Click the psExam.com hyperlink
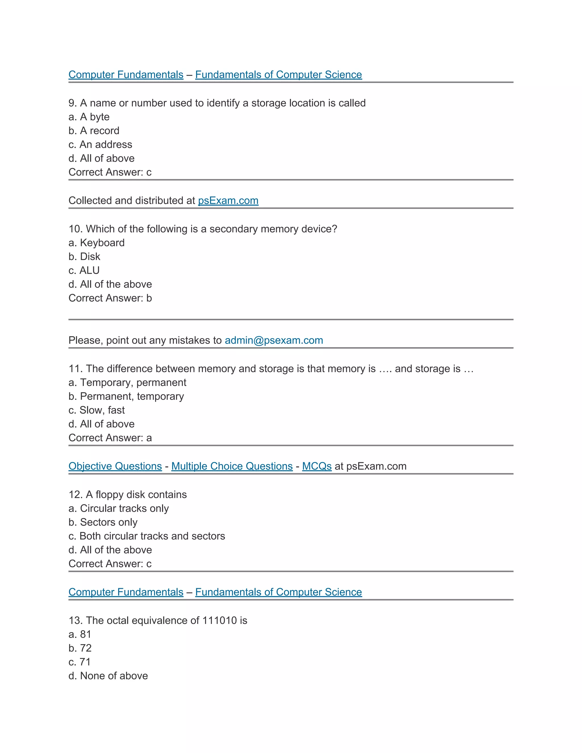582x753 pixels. coord(228,200)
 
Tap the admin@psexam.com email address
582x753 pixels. coord(274,340)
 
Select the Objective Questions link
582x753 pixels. coord(115,466)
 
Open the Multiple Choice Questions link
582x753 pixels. coord(232,466)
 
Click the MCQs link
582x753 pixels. coord(317,466)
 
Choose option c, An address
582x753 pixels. coord(100,144)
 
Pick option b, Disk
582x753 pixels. coord(84,257)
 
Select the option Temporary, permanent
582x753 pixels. coord(127,382)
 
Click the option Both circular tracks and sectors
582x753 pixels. coord(147,536)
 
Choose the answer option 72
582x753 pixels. coord(80,648)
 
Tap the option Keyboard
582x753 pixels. coord(97,243)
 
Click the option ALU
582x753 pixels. coord(84,270)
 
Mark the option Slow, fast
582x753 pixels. coord(97,410)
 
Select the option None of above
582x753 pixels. coord(108,676)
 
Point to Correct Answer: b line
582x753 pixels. coord(110,298)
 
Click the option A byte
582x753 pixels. coord(89,117)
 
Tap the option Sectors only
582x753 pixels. coord(103,522)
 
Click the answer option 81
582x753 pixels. coord(80,635)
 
